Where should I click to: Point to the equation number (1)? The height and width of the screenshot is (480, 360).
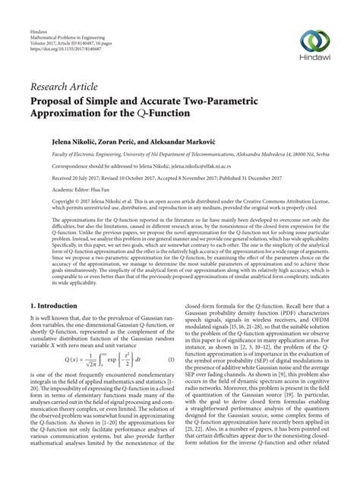171,358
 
